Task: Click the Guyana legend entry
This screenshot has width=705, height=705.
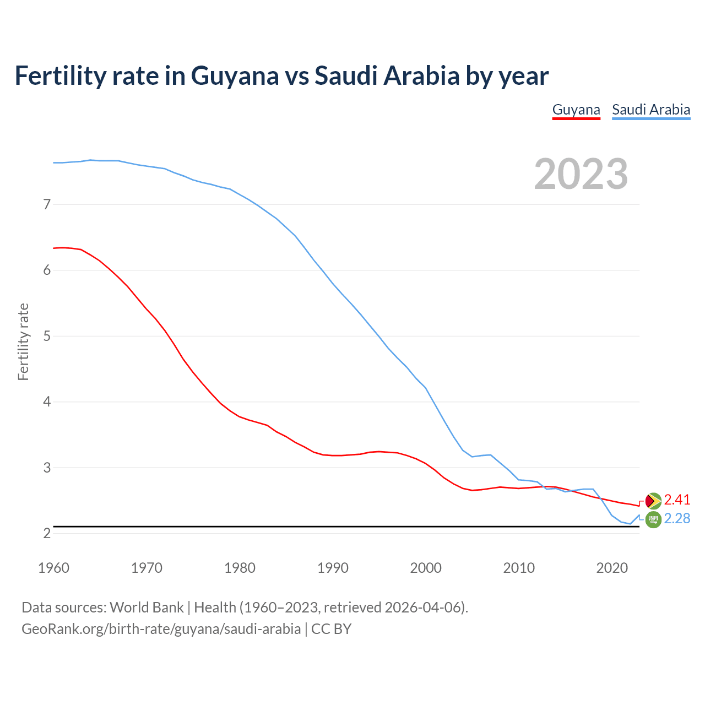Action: tap(576, 110)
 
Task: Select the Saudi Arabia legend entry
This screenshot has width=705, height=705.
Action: tap(651, 110)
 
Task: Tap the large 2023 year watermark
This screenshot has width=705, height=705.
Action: tap(581, 174)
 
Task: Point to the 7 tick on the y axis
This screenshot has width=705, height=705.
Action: tap(47, 205)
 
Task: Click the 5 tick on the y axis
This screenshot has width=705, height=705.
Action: tap(47, 336)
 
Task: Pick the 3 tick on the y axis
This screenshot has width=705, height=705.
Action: tap(47, 468)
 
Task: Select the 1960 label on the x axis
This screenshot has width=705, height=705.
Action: tap(53, 568)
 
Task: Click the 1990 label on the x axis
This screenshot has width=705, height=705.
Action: tap(333, 568)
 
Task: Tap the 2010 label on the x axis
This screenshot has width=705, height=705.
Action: tap(519, 568)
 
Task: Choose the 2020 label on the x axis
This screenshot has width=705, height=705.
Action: tap(612, 568)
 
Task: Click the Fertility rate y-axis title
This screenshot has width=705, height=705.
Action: tap(23, 341)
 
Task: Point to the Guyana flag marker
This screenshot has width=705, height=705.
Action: tap(653, 501)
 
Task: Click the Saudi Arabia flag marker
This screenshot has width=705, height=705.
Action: tap(653, 519)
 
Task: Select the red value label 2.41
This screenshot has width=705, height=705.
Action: tap(677, 500)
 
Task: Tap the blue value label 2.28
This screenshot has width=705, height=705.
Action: tap(677, 518)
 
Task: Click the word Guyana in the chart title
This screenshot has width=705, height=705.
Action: tap(235, 76)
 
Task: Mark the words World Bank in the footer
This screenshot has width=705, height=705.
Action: tap(147, 608)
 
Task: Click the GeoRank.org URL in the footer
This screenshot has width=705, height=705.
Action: tap(161, 629)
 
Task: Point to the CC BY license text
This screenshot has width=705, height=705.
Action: tap(331, 629)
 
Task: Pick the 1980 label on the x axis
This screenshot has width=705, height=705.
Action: tap(240, 568)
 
